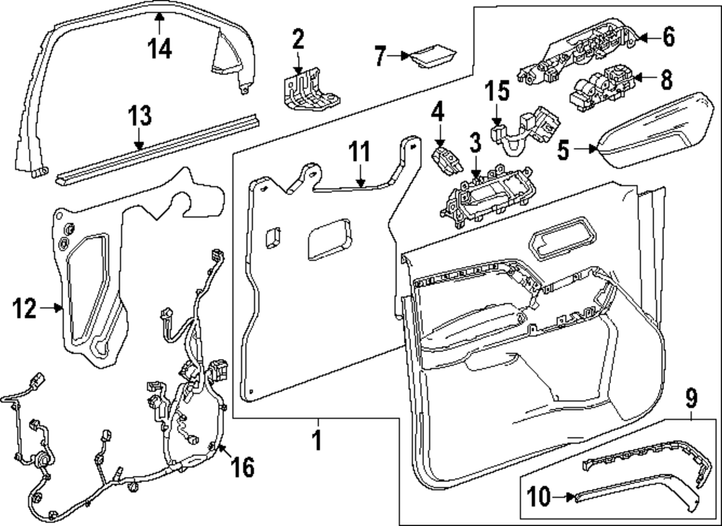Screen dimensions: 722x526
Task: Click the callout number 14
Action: coord(160,48)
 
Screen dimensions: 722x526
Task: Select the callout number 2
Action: coord(298,39)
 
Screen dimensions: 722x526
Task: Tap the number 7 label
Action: coord(380,56)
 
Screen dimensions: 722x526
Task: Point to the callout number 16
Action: coord(242,467)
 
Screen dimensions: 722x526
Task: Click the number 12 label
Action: coord(25,308)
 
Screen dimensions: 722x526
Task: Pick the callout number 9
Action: coord(692,398)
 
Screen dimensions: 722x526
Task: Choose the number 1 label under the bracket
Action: coord(317,440)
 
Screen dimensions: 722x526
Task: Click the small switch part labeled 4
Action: coord(445,161)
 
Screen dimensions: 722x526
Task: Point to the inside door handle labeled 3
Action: coord(487,197)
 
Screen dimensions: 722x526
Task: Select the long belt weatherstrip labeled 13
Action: coord(157,150)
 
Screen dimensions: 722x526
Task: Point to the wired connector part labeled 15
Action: coord(526,131)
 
